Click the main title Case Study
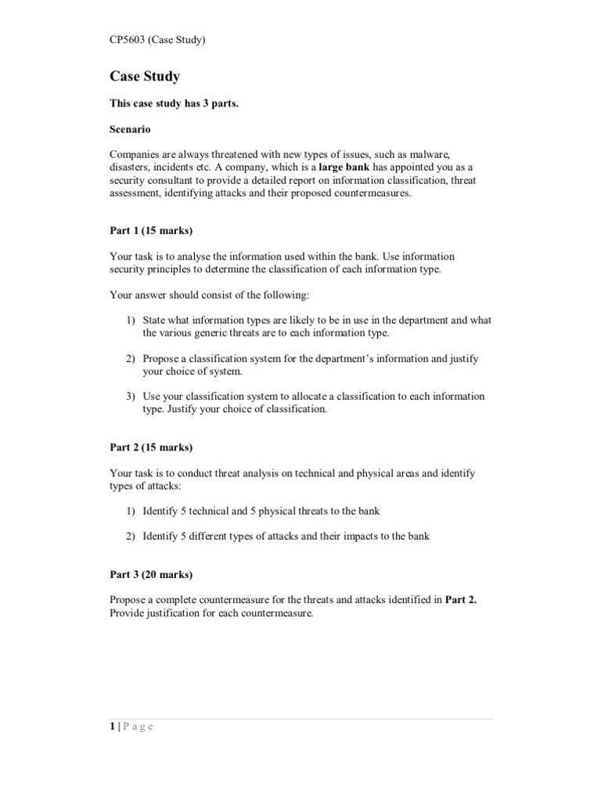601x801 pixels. tap(145, 77)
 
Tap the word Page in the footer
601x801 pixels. tap(139, 726)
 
